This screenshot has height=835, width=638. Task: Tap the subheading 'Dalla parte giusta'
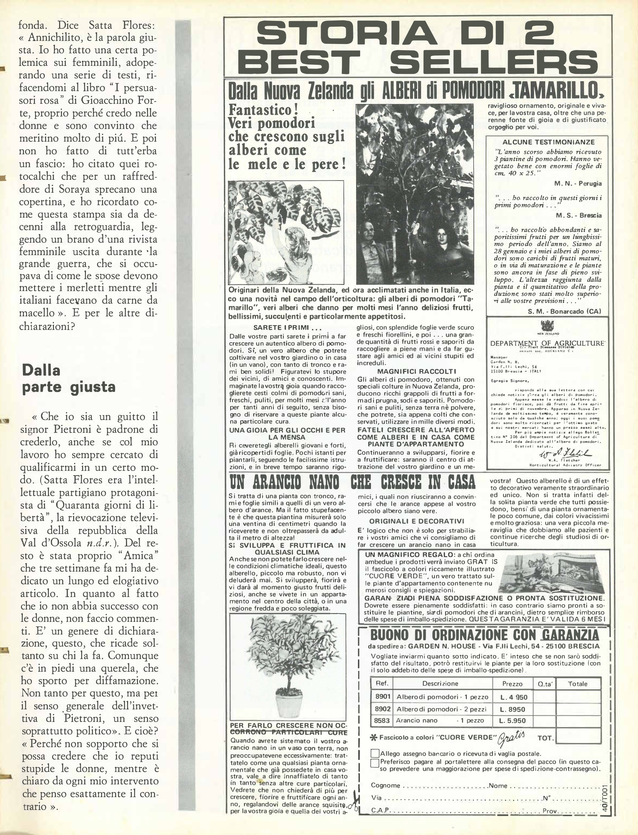click(x=68, y=378)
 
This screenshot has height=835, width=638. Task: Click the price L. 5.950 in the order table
click(x=512, y=720)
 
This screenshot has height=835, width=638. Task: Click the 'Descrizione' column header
click(x=441, y=683)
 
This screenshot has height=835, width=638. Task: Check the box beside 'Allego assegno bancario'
click(x=375, y=753)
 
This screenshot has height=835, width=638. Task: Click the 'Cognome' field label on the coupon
click(x=385, y=786)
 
